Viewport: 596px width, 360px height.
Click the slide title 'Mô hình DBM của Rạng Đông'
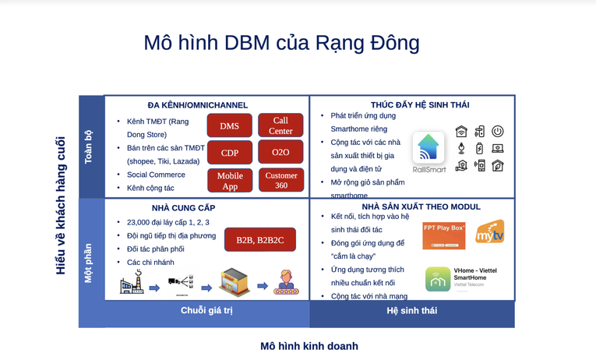pos(281,43)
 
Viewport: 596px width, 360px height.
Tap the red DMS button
pos(229,125)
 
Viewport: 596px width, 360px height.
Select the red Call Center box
pos(280,125)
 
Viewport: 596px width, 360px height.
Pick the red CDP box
pos(229,153)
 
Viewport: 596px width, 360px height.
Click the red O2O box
pos(280,153)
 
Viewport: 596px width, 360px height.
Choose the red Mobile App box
pos(229,180)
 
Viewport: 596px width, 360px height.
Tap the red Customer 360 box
pos(280,180)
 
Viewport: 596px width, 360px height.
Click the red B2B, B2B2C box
pos(259,239)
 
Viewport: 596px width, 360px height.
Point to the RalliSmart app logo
pos(428,148)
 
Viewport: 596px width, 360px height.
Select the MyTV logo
pos(490,232)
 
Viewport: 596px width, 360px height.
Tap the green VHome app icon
pos(438,279)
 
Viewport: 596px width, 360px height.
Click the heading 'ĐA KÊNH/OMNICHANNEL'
pos(197,105)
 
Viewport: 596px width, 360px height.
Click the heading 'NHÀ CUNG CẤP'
pos(183,208)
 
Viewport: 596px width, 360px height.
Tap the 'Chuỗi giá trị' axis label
pos(206,310)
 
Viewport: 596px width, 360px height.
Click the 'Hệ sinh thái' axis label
pos(411,310)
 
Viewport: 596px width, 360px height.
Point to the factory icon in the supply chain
pos(132,283)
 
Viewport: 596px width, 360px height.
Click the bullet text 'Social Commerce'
pos(156,175)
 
